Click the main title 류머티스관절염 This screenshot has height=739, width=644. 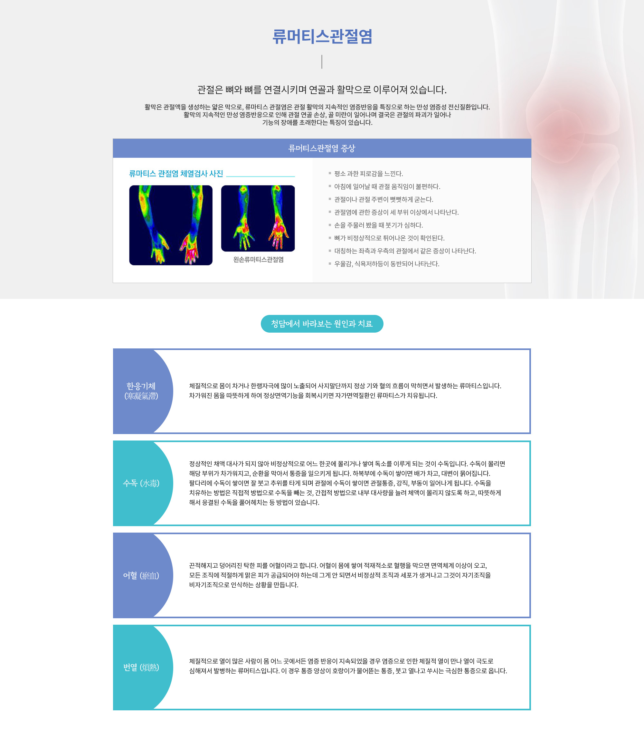(322, 37)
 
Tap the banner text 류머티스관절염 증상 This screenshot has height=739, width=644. (322, 148)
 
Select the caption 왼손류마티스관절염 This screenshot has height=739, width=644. (258, 260)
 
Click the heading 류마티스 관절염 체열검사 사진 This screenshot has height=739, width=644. (176, 174)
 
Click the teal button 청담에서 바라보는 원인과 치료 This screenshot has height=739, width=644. (322, 324)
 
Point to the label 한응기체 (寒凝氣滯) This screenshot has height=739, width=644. (141, 391)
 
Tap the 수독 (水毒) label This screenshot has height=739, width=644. (141, 483)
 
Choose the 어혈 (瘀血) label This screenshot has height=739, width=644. (141, 575)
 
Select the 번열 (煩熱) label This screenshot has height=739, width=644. (141, 668)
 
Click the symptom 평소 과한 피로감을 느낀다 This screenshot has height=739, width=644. (368, 174)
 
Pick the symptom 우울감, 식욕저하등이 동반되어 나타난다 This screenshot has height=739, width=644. (387, 264)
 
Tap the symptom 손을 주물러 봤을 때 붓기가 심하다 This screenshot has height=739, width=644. (378, 225)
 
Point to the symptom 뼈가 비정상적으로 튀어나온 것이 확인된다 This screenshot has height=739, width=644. (389, 238)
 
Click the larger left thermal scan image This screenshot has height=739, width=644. (171, 225)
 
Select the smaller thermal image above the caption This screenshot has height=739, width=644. (258, 219)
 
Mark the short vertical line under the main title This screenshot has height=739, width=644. (322, 62)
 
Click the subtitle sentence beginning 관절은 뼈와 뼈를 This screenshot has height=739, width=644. (322, 90)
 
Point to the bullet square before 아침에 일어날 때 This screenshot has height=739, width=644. (329, 186)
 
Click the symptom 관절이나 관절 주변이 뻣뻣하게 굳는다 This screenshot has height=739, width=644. (384, 200)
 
